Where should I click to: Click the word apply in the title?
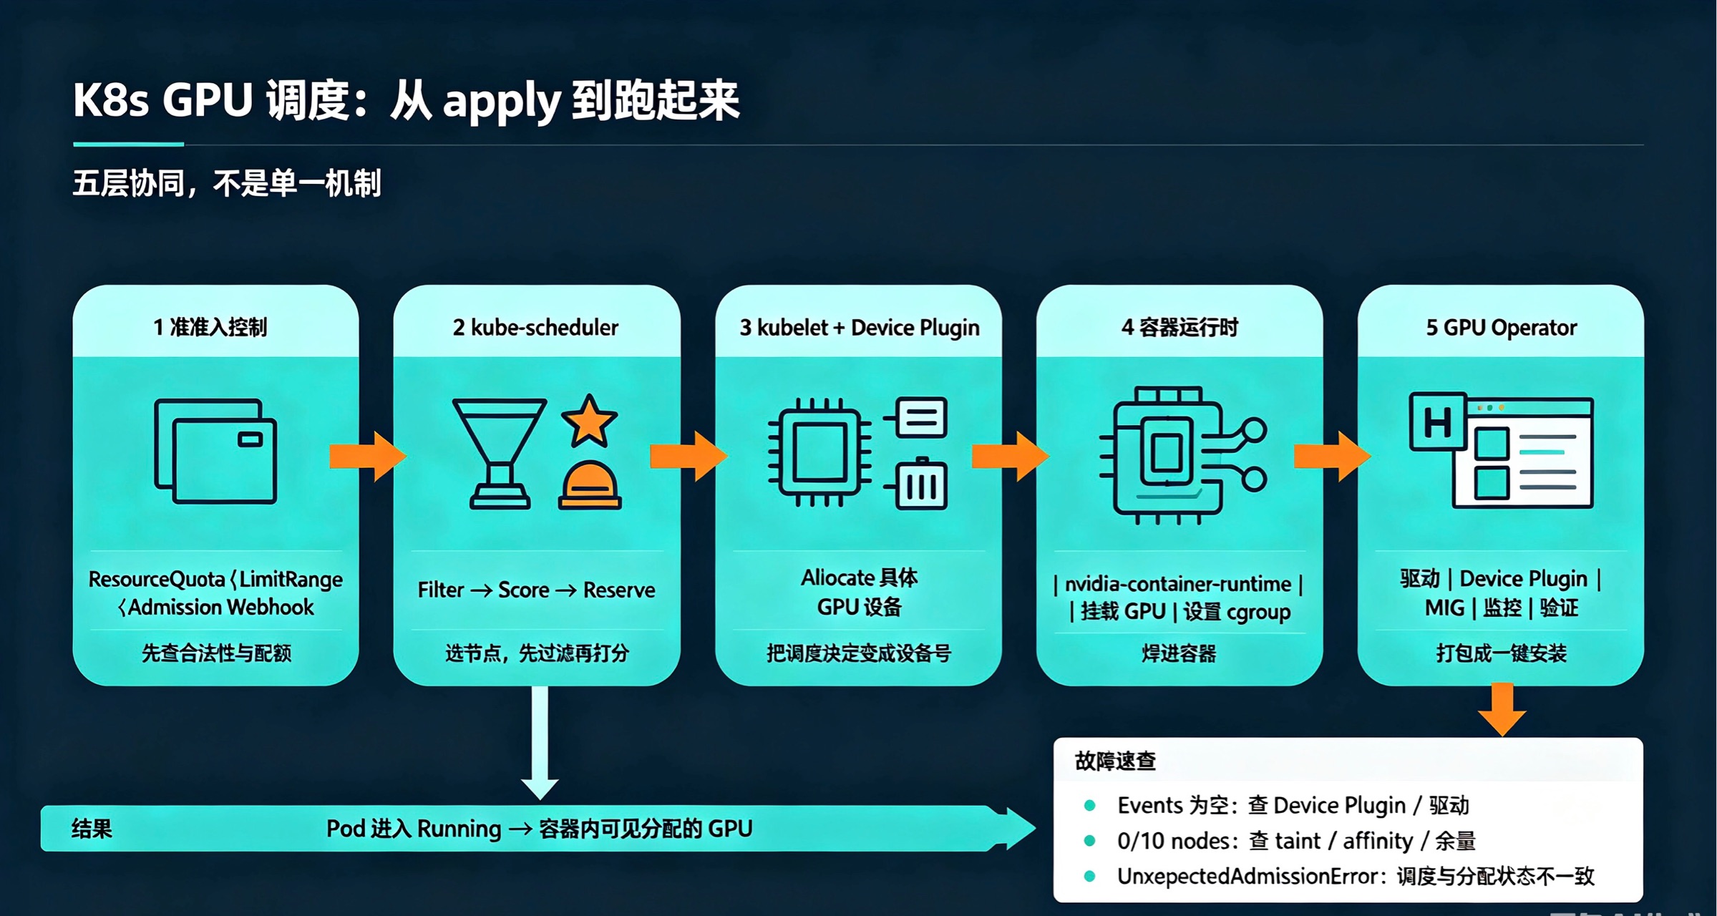[502, 102]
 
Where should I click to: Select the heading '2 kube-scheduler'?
[535, 327]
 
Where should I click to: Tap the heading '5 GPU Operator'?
[1501, 327]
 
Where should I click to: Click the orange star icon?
[589, 421]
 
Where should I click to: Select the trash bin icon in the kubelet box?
[920, 484]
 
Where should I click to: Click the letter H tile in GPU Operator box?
[1438, 422]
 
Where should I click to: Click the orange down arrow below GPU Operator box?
[1502, 709]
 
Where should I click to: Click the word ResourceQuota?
[157, 580]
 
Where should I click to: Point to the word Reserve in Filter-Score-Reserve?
[619, 590]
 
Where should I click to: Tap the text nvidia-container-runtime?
[1178, 584]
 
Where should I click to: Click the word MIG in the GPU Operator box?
[1444, 608]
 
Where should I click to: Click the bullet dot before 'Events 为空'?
[1090, 805]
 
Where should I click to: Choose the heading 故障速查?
[1115, 761]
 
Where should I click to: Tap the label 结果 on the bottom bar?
[92, 829]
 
